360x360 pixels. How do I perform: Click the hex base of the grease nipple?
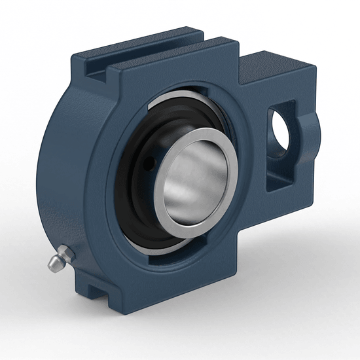[x=65, y=252]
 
